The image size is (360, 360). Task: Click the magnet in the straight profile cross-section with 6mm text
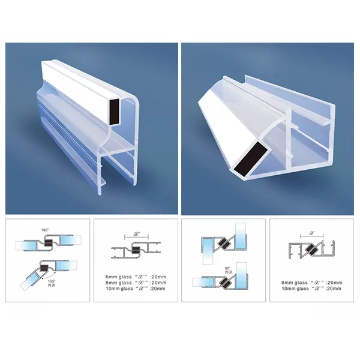point(136,251)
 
